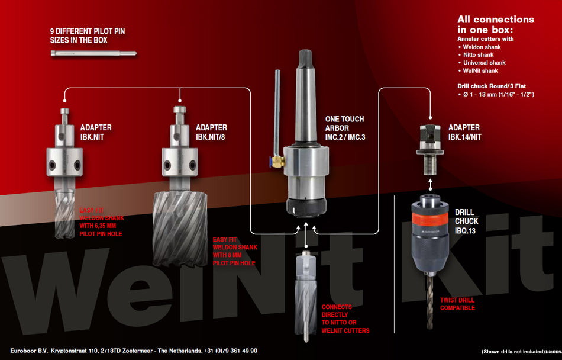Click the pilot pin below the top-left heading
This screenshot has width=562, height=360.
[x=95, y=54]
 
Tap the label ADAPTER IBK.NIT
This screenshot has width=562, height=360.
[x=96, y=131]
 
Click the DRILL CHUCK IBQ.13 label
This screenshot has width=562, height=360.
[x=467, y=220]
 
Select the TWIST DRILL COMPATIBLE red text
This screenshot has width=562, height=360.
[x=457, y=304]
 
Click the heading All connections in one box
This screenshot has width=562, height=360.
[x=495, y=24]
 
